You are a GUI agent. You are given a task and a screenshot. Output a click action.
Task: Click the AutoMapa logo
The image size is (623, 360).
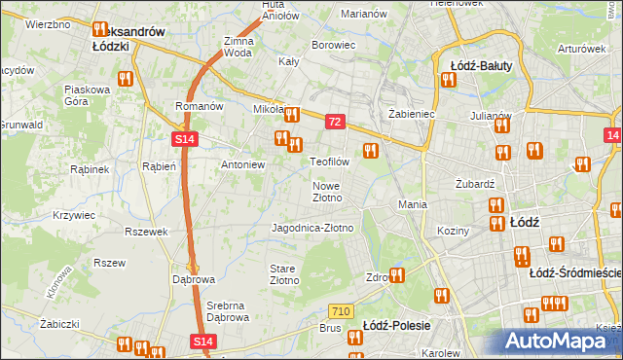click(557, 342)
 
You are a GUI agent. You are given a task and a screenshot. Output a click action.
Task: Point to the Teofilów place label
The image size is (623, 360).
click(329, 162)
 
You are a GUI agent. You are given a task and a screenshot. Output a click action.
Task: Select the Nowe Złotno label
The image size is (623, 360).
click(327, 191)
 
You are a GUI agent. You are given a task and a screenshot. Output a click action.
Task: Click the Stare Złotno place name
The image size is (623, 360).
click(283, 273)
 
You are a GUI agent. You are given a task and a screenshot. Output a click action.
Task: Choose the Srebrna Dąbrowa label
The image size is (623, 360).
click(228, 310)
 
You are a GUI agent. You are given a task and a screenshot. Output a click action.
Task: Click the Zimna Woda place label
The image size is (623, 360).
click(238, 48)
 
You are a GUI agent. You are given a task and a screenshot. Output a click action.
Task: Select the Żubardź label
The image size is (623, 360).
click(476, 183)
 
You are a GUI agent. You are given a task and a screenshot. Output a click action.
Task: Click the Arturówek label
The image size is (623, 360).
click(583, 48)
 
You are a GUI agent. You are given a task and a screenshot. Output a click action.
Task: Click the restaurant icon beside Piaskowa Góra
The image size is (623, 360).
click(124, 78)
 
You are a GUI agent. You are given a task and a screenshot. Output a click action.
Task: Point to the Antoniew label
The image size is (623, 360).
click(243, 164)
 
